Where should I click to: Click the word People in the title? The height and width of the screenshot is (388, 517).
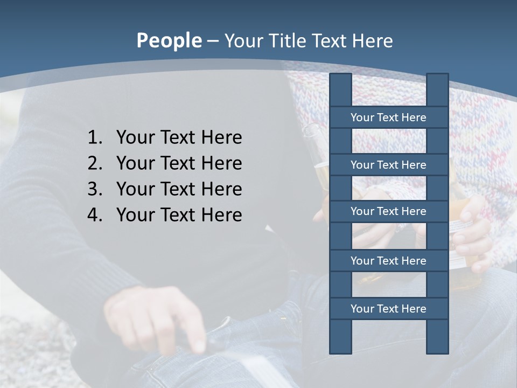point(169,40)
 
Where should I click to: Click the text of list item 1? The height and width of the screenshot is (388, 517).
point(179,137)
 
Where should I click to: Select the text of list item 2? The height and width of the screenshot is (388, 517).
point(179,163)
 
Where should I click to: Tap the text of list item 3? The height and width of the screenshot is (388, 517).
point(179,189)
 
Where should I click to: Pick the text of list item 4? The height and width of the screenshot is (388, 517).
point(179,215)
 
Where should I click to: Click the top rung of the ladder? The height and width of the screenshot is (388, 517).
point(388,117)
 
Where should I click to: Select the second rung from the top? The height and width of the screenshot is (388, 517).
point(388,165)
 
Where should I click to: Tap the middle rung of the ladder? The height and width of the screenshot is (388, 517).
point(388,211)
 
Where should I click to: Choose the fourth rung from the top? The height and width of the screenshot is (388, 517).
point(388,261)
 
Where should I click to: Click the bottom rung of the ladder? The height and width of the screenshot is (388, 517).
point(388,309)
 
